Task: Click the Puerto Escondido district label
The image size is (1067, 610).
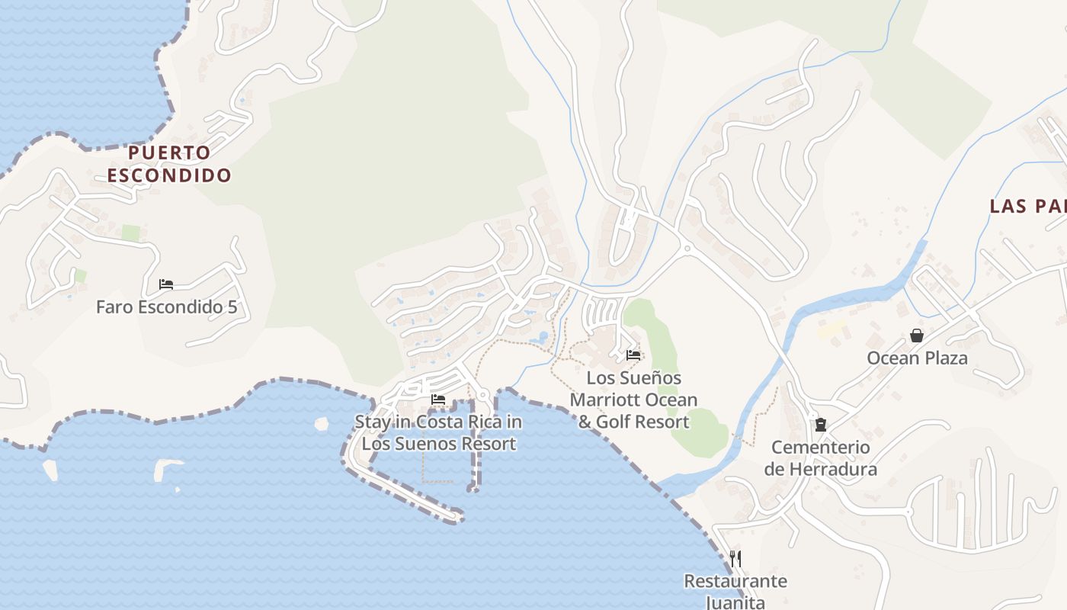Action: click(168, 164)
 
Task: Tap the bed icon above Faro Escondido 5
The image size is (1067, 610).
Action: click(166, 284)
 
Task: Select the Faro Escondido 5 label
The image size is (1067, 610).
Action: click(167, 307)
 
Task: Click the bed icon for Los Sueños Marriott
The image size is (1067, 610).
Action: click(633, 355)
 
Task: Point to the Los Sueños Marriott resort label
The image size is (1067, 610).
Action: click(633, 400)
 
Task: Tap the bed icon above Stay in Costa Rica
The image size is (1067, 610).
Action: click(438, 399)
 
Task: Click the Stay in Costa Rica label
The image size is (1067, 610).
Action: click(438, 432)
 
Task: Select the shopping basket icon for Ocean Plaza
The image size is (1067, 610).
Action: click(917, 335)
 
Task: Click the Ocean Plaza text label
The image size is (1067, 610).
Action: click(917, 358)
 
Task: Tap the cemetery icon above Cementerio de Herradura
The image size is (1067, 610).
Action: click(821, 424)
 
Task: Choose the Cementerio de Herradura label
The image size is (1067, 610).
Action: click(821, 457)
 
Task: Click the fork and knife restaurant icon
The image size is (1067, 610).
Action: click(735, 558)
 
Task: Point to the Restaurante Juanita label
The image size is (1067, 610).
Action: click(735, 591)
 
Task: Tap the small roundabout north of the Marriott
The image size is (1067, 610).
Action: click(687, 248)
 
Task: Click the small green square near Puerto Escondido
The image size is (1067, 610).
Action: click(131, 233)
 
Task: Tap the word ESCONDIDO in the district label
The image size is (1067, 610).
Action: click(168, 175)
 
